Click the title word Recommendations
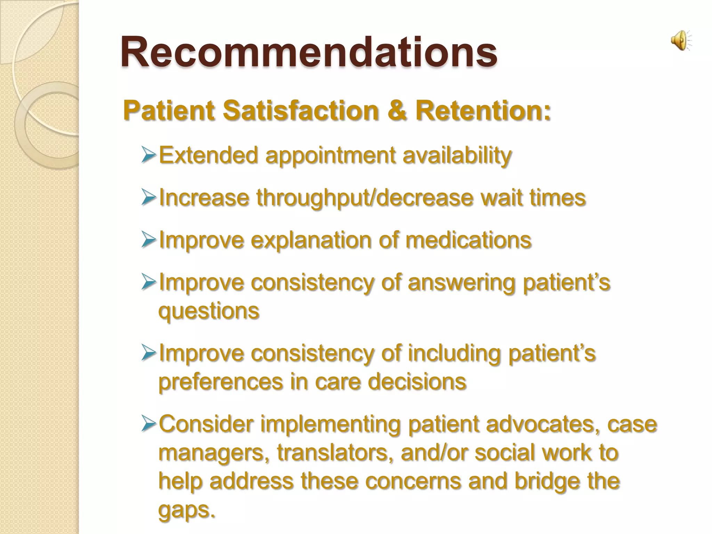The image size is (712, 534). (x=309, y=52)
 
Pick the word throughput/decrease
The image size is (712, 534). (x=365, y=198)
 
